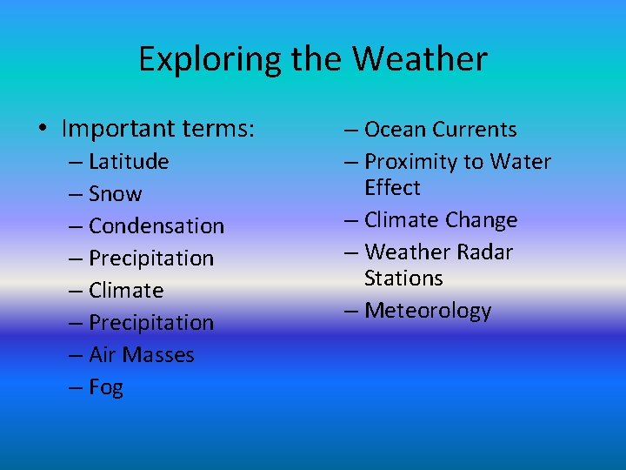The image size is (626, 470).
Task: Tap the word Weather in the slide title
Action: point(419,60)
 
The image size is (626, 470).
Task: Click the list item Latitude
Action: point(129,161)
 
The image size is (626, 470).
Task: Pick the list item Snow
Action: point(115,193)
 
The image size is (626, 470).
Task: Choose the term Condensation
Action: point(156,225)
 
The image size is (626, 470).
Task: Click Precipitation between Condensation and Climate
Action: point(150,258)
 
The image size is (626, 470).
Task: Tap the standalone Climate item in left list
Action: point(126,290)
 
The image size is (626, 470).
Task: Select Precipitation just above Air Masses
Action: point(150,322)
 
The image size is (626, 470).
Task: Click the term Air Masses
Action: point(141,354)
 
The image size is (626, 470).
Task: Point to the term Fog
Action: point(106,387)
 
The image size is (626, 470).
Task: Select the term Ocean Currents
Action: point(440,130)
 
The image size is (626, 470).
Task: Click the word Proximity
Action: point(410,162)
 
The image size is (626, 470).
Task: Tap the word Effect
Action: point(392,188)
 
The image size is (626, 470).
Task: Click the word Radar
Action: point(482,252)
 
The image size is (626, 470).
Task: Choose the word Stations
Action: point(403,279)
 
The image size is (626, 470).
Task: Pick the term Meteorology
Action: point(428,311)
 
